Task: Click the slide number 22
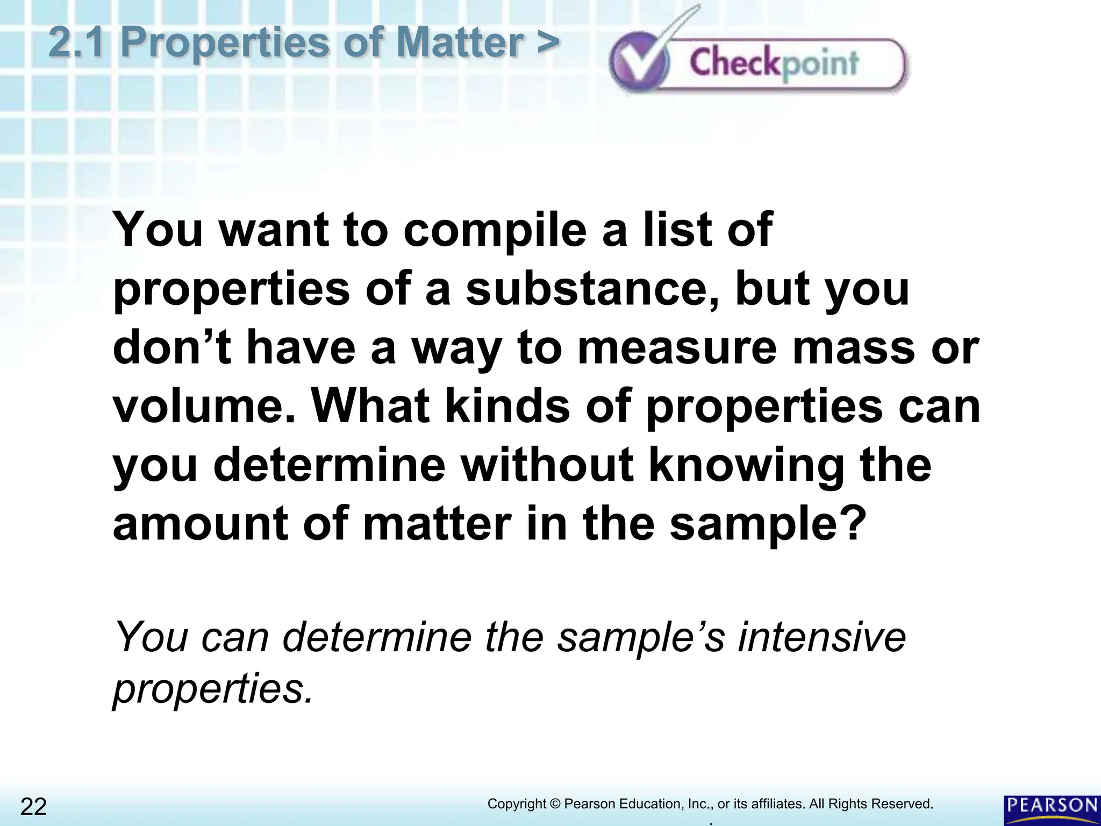click(x=33, y=807)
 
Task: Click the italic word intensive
click(x=823, y=638)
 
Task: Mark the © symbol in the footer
click(x=555, y=804)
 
